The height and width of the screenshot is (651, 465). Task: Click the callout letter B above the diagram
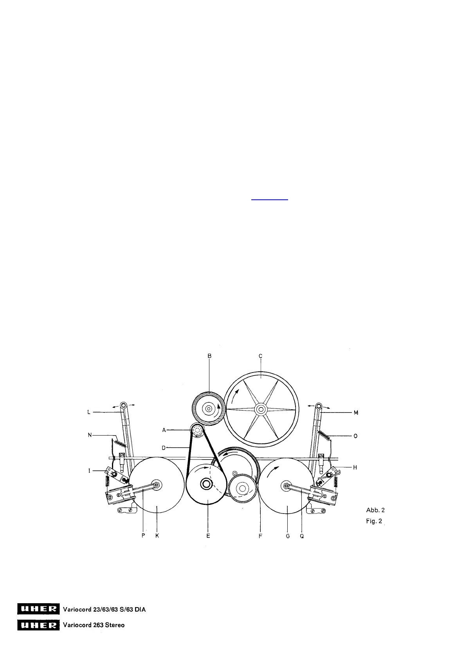point(209,356)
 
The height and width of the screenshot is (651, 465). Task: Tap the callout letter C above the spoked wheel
point(260,356)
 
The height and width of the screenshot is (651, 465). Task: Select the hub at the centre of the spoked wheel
point(261,409)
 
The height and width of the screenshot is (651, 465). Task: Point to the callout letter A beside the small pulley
point(164,430)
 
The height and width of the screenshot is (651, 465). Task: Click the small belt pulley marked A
point(197,430)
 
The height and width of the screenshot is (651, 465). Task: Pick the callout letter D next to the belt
point(164,448)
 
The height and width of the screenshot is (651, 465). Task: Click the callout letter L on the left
point(89,412)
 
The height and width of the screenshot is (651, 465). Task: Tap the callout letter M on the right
point(356,412)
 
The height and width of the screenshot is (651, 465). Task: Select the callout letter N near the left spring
point(90,435)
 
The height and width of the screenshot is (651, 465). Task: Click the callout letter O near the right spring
point(355,436)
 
